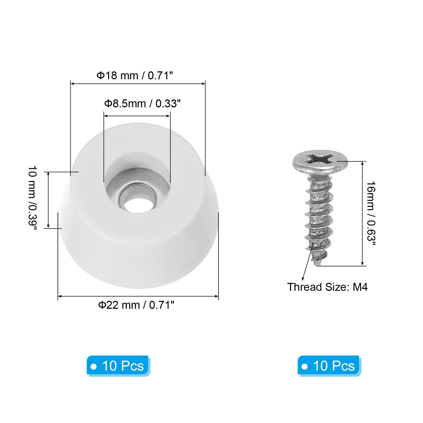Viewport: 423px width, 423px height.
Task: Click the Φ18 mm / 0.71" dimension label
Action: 135,76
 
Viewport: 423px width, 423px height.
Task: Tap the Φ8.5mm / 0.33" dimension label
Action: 142,103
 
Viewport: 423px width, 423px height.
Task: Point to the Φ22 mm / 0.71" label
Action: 136,305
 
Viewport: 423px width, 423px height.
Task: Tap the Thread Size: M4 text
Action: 327,287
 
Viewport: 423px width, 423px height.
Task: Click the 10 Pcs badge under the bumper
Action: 118,366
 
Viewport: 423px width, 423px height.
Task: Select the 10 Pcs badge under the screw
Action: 329,366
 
